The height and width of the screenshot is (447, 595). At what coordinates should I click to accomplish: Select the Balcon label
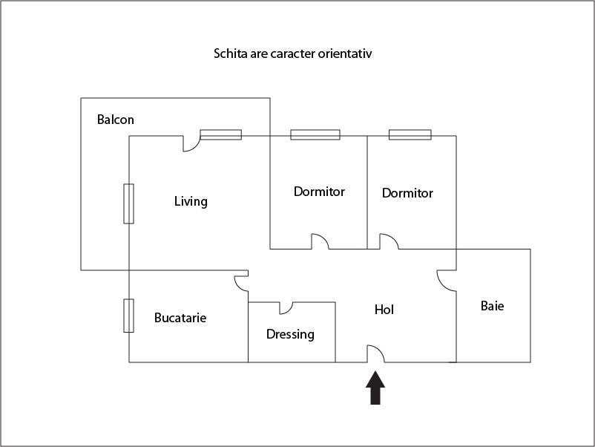(116, 120)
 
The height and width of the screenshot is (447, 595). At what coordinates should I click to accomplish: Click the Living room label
(191, 201)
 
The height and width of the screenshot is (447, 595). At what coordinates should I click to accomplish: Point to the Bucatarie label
(180, 318)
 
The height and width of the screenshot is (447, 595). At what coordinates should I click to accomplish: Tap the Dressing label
(290, 334)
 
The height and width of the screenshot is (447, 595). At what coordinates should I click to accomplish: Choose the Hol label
(384, 310)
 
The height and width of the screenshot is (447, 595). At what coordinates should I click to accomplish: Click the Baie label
(493, 305)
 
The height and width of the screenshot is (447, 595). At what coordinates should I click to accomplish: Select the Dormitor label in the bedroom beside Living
(319, 192)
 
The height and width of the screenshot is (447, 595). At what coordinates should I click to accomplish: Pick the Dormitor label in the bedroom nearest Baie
(407, 193)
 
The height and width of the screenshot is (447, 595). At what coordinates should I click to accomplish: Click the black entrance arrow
(376, 388)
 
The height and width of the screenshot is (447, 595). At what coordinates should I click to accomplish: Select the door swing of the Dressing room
(287, 307)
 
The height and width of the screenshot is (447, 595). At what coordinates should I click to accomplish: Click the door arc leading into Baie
(445, 279)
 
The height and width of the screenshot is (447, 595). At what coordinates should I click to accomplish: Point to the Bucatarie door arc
(240, 283)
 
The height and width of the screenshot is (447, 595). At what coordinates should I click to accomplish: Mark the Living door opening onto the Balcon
(191, 143)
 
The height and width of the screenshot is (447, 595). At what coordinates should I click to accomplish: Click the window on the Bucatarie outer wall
(128, 316)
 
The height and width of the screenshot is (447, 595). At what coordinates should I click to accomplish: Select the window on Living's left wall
(128, 203)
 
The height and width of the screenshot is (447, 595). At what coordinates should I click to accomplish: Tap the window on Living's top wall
(220, 135)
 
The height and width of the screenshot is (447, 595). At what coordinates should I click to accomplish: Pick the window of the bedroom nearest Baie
(410, 135)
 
